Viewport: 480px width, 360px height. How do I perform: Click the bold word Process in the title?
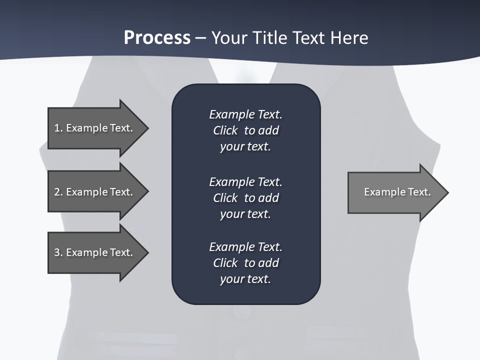tap(157, 38)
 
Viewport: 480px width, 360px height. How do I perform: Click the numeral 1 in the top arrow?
tap(57, 128)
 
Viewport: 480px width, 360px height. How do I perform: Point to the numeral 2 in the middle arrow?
tap(57, 192)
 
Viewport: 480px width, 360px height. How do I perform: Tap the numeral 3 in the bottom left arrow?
tap(57, 252)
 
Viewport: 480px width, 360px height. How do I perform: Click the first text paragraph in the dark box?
tap(245, 130)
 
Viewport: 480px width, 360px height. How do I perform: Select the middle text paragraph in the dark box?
tap(245, 197)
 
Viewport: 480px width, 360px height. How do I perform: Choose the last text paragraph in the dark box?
tap(245, 262)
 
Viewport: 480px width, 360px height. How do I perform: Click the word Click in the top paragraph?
tap(225, 130)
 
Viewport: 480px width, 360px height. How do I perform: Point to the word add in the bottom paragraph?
tap(268, 262)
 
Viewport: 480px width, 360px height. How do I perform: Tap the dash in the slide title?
tap(201, 38)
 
